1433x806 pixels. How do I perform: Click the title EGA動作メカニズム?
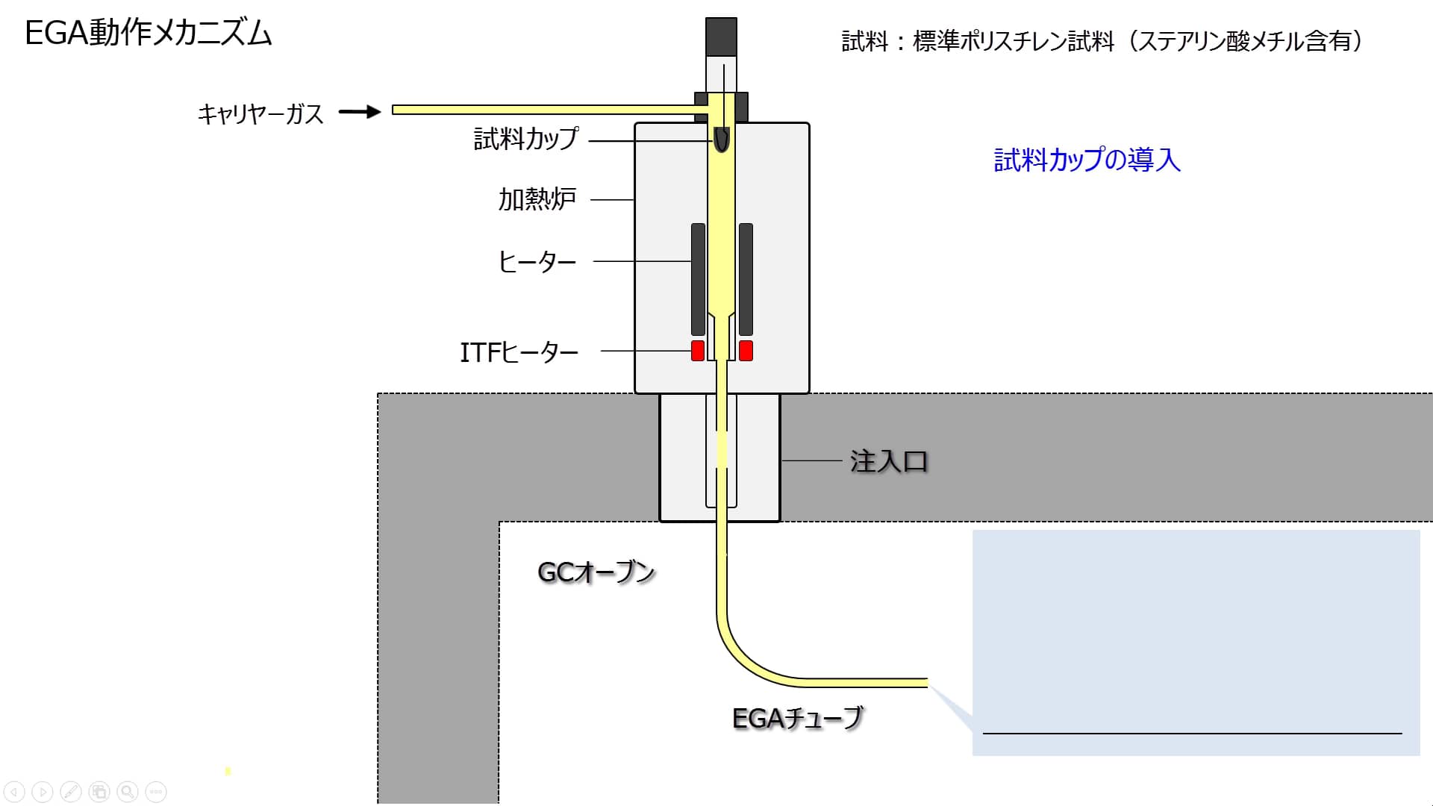tap(149, 34)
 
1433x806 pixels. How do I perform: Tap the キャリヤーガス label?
tap(260, 113)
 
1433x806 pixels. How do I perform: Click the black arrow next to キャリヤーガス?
tap(360, 112)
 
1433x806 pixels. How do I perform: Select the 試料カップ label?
tap(526, 139)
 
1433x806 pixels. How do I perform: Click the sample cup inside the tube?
tap(722, 140)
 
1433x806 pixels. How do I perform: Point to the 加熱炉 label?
tap(537, 199)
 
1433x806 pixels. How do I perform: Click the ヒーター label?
tap(537, 261)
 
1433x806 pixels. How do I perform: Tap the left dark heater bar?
tap(698, 279)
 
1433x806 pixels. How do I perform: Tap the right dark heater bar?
tap(746, 279)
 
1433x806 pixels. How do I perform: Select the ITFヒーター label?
tap(519, 352)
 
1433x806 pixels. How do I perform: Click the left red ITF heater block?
tap(698, 350)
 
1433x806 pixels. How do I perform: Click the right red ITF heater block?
tap(746, 350)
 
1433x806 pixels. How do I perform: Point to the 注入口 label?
tap(888, 461)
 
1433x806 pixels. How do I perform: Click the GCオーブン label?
tap(596, 572)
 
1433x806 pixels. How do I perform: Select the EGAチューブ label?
tap(797, 718)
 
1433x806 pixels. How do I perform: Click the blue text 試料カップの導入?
tap(1087, 160)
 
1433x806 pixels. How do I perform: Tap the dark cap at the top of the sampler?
tap(721, 36)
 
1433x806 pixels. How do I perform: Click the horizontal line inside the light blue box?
tap(1192, 734)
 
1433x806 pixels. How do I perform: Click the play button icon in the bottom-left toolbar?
tap(43, 791)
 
